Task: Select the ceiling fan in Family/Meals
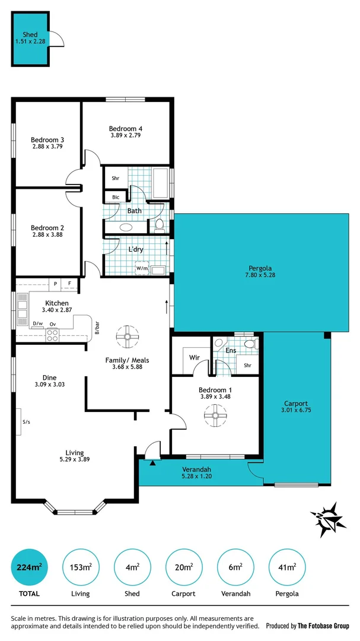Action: (x=128, y=337)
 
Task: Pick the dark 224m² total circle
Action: (x=29, y=568)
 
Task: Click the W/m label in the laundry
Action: (x=142, y=268)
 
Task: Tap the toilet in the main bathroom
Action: (x=159, y=225)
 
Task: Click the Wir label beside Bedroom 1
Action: (x=194, y=358)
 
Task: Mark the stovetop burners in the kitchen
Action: (x=52, y=334)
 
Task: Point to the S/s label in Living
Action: (x=26, y=422)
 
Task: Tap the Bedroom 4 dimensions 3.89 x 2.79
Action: (x=126, y=135)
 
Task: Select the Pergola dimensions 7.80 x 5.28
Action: (x=260, y=275)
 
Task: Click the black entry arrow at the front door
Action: (x=152, y=462)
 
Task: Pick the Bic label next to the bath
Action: (x=116, y=197)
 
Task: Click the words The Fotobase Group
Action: (x=324, y=626)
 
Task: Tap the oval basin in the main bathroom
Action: (x=126, y=227)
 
